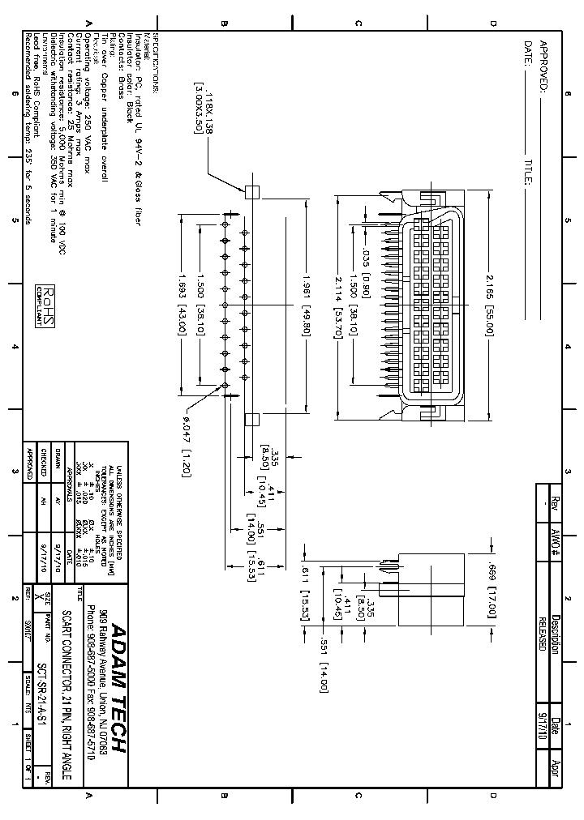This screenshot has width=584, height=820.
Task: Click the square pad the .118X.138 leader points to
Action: [x=251, y=191]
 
